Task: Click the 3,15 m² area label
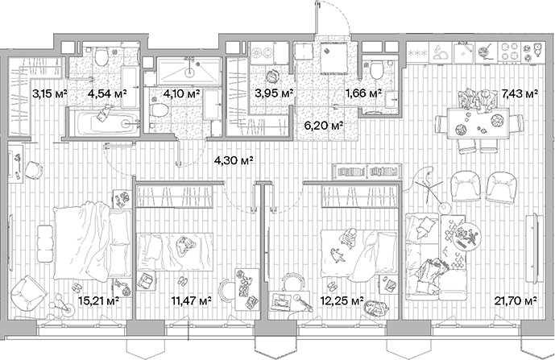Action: (48, 93)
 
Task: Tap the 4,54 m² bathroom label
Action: (104, 93)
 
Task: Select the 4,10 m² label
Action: (181, 93)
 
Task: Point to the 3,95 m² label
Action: (271, 93)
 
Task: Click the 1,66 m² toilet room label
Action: (362, 93)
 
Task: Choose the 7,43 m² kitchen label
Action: (520, 93)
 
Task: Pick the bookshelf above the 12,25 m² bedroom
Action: (367, 172)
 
